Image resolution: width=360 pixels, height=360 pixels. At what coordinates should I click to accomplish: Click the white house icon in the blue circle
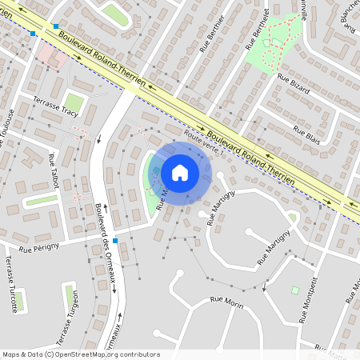click(180, 172)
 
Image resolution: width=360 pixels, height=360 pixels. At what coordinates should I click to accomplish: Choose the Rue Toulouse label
click(7, 128)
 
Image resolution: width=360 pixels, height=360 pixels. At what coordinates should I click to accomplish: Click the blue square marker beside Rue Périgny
click(115, 241)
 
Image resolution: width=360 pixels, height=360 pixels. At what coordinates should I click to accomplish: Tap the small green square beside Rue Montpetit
click(294, 290)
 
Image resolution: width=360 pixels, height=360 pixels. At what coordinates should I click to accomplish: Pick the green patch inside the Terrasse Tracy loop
click(74, 102)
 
